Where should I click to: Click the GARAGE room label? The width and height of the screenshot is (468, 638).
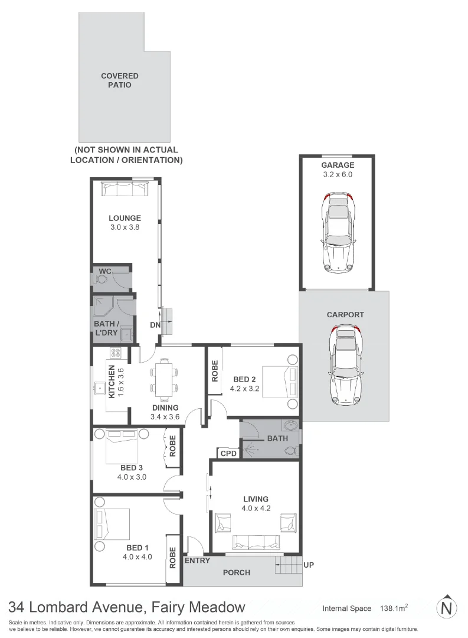[338, 165]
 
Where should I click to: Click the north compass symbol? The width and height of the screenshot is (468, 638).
[447, 607]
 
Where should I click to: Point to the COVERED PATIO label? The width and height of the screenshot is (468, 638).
[120, 80]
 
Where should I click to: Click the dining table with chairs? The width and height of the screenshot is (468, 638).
[164, 379]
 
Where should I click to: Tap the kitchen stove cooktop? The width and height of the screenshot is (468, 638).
[116, 353]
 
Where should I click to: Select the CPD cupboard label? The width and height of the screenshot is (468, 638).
[228, 454]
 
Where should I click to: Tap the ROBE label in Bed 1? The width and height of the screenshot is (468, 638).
[172, 556]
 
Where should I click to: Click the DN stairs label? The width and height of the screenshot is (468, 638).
[155, 325]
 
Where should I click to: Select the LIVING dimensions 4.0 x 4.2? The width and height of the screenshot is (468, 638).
[256, 508]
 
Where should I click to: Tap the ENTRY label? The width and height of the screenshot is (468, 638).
[197, 560]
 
